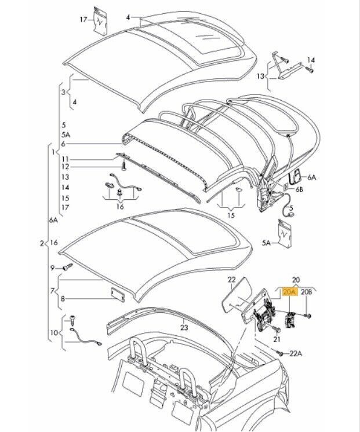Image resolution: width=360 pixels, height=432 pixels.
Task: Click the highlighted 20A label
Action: [288, 293]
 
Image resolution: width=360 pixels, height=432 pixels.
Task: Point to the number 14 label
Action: [311, 60]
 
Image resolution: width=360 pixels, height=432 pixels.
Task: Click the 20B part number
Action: [306, 293]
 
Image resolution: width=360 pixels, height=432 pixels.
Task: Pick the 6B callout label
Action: [299, 189]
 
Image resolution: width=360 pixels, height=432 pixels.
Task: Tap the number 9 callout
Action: [53, 268]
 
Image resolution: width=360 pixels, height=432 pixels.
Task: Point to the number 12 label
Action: [66, 167]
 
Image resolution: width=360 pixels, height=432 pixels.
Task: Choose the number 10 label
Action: [53, 333]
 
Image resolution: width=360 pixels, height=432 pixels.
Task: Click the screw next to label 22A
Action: [280, 352]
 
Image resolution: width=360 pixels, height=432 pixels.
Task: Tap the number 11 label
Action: [66, 159]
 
